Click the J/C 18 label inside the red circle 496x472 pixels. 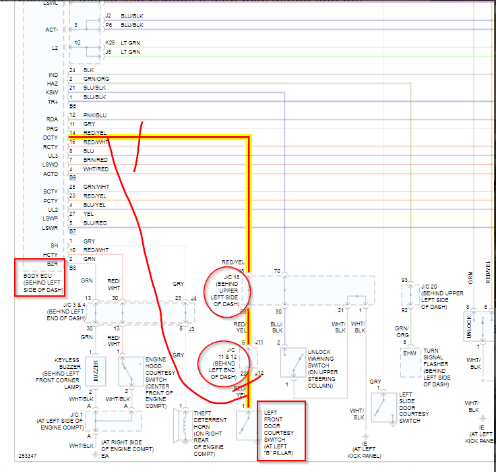point(228,290)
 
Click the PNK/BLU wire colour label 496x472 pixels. point(96,115)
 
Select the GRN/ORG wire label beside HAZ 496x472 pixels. point(96,79)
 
